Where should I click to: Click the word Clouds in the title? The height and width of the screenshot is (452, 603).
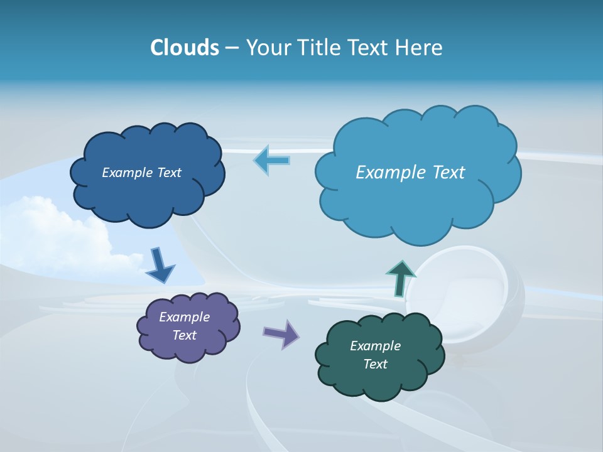(x=184, y=48)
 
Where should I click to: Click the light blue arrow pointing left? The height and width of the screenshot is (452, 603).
(x=271, y=160)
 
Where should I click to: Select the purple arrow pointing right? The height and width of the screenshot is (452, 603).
(x=281, y=333)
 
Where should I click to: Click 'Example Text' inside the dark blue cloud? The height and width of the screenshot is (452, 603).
(x=141, y=173)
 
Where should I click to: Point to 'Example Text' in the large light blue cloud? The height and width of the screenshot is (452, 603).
(x=410, y=173)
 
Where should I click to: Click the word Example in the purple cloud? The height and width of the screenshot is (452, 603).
(x=184, y=317)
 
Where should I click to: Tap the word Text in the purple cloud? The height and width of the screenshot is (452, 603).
(x=184, y=335)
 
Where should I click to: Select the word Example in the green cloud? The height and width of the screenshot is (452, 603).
(x=375, y=346)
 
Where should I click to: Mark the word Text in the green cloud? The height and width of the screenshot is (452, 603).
(x=375, y=364)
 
